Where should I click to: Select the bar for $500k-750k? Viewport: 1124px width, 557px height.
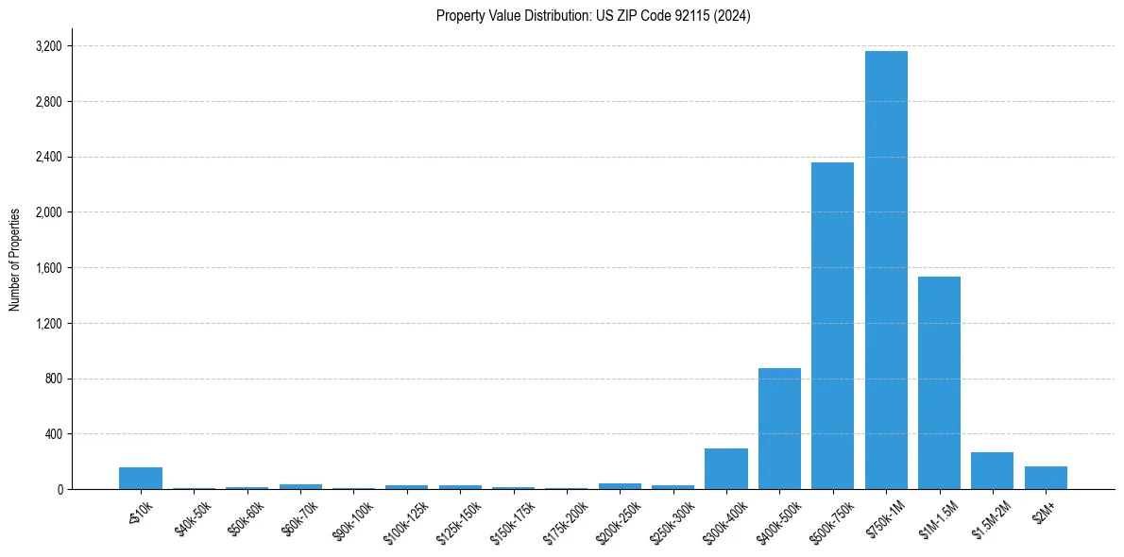click(832, 326)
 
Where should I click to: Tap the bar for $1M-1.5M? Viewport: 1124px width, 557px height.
click(939, 382)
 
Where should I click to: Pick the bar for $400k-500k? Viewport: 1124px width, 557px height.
click(779, 429)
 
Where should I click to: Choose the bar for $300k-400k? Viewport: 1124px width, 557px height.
click(726, 469)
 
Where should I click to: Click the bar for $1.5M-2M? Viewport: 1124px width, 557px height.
click(992, 471)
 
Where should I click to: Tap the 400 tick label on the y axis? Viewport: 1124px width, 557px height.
click(54, 434)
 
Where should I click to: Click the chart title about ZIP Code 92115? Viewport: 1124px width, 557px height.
click(593, 16)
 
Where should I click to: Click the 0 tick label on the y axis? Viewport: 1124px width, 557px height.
click(59, 490)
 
